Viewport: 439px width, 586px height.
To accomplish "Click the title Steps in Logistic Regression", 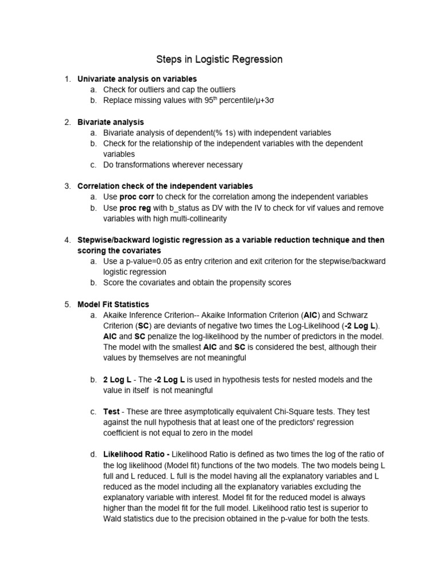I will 219,60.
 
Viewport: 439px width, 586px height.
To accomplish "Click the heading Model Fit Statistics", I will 113,304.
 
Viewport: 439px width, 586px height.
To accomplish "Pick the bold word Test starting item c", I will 111,411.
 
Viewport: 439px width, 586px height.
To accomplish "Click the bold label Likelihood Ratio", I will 136,454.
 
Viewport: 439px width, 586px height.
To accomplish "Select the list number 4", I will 66,240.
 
